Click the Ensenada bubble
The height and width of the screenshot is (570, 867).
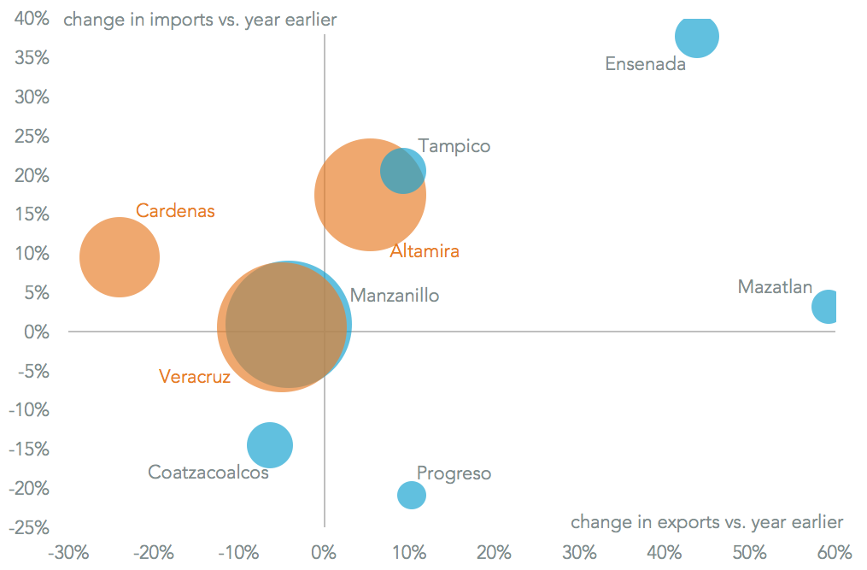[x=696, y=36]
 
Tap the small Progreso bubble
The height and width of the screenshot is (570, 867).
[x=411, y=495]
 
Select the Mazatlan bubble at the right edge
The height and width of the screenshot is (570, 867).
[x=825, y=306]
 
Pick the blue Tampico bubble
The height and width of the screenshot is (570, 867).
[x=403, y=170]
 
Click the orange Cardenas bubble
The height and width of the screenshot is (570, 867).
[x=119, y=257]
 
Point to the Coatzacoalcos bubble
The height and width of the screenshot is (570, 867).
[x=270, y=444]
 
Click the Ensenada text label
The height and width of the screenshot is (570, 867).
[x=645, y=64]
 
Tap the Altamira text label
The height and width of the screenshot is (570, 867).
[x=425, y=251]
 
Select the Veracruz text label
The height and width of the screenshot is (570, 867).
[x=195, y=376]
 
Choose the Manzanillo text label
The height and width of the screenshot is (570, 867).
[x=395, y=296]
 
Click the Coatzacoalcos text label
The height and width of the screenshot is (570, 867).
[x=208, y=472]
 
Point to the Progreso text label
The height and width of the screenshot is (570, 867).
[x=454, y=473]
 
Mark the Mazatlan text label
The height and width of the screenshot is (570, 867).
[x=775, y=286]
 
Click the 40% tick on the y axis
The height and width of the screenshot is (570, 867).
[x=31, y=19]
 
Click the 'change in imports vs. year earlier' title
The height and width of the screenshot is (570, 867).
[x=200, y=20]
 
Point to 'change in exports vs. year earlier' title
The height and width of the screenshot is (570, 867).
[x=706, y=521]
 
